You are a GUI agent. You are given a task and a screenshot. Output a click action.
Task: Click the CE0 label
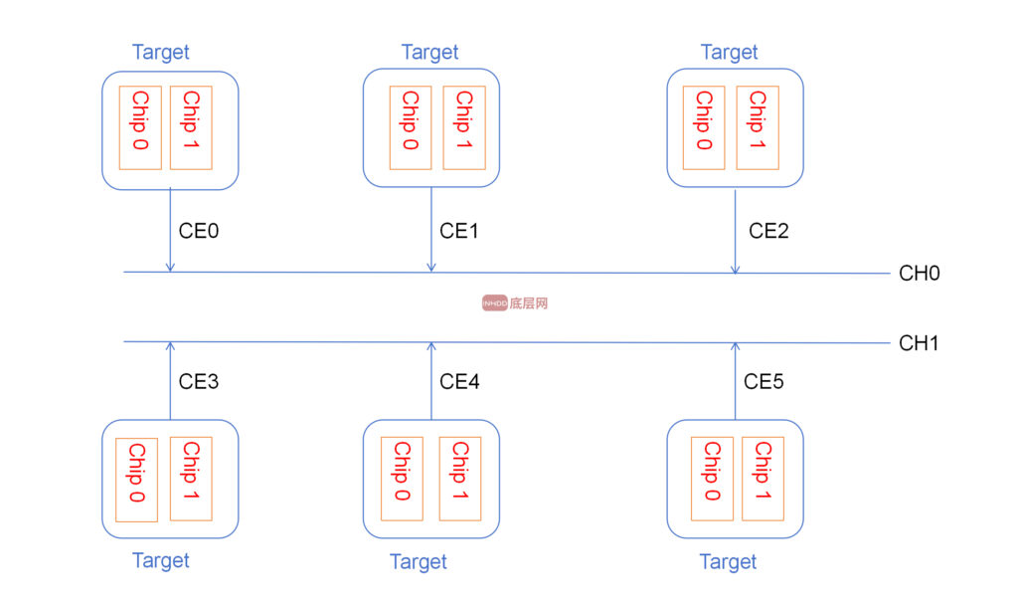coord(199,231)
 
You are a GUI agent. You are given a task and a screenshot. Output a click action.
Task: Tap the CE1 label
coord(459,231)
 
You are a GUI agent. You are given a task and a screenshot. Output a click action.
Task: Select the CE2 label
coord(768,231)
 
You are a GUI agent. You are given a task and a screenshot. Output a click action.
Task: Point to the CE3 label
coord(199,381)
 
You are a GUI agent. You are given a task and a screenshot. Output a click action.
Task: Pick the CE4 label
coord(459,381)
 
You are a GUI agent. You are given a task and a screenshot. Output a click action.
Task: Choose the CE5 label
coord(763,381)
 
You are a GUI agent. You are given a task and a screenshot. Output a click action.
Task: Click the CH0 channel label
coord(920,273)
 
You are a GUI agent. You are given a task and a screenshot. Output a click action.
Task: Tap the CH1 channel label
coord(919,342)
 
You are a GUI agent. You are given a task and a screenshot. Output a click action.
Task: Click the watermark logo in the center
coord(515,302)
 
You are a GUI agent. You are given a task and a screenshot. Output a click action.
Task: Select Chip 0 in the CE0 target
coord(140,128)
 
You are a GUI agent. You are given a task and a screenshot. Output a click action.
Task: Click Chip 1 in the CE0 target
coord(191,128)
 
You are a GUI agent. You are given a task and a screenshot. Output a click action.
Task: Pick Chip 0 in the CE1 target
coord(411,128)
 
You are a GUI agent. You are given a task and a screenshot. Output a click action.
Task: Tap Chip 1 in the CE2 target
coord(758,128)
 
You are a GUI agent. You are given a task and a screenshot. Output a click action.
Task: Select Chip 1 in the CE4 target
coord(460,479)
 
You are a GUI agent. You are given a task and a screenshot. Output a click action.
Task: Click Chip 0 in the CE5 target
coord(712,479)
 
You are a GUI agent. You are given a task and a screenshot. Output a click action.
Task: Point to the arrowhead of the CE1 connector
coord(431,268)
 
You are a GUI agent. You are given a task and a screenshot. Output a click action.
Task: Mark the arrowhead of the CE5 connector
coord(735,347)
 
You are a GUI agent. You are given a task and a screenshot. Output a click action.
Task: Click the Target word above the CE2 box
coord(729,52)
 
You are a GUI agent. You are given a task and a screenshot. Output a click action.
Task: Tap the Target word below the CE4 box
coord(419,561)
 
